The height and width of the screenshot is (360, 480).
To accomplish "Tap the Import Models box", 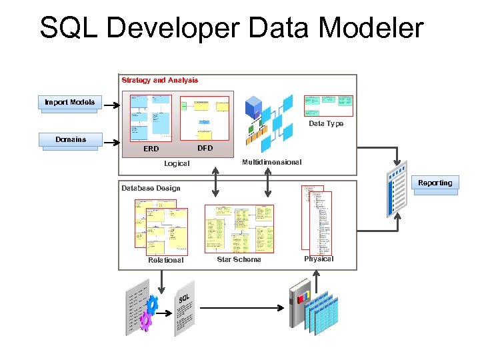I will [69, 103].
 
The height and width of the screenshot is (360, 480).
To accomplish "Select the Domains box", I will [71, 140].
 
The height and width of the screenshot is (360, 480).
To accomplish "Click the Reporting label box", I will [435, 183].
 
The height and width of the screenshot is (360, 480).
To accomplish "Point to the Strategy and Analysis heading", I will [159, 81].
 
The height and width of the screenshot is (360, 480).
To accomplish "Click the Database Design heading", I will [151, 188].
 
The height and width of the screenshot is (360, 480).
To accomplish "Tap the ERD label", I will [151, 149].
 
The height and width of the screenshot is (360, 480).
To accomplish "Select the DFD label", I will [205, 148].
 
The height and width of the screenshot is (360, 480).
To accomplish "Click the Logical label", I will [177, 163].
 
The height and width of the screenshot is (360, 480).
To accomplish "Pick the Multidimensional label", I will [271, 163].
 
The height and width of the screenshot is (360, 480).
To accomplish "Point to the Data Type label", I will [326, 124].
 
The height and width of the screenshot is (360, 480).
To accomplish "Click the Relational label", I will [165, 261].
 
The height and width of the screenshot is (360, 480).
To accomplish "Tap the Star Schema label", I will [239, 259].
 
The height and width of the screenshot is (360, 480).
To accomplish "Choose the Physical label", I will [319, 259].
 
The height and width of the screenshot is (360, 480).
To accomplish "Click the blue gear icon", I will [151, 305].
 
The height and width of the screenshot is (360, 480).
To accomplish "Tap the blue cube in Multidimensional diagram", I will [254, 107].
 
